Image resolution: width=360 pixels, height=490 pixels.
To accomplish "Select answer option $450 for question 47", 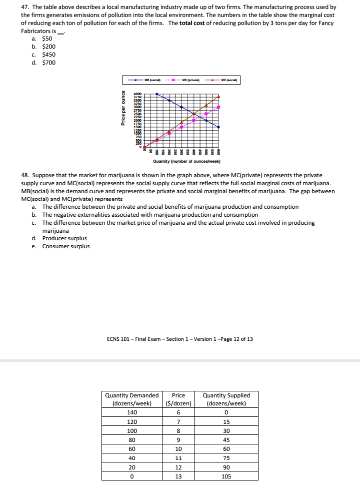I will (x=48, y=55).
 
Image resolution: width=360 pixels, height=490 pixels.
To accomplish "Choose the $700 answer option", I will (x=48, y=63).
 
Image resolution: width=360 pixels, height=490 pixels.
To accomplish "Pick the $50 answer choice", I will (x=47, y=39).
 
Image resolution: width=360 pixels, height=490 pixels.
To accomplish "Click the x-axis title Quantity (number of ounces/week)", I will (x=187, y=161).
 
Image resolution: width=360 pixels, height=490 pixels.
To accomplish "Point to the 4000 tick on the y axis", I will (x=137, y=94).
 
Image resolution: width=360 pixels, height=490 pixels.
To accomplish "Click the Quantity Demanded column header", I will (x=132, y=399).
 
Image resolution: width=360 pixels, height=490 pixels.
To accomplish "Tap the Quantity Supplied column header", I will (x=226, y=399).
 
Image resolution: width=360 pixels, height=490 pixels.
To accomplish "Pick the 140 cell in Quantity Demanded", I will (x=132, y=412).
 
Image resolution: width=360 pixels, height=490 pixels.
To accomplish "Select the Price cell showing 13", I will (x=178, y=476).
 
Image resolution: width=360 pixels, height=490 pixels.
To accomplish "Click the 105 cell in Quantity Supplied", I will (x=226, y=476).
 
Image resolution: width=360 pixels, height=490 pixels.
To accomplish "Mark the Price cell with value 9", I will (x=178, y=440).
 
